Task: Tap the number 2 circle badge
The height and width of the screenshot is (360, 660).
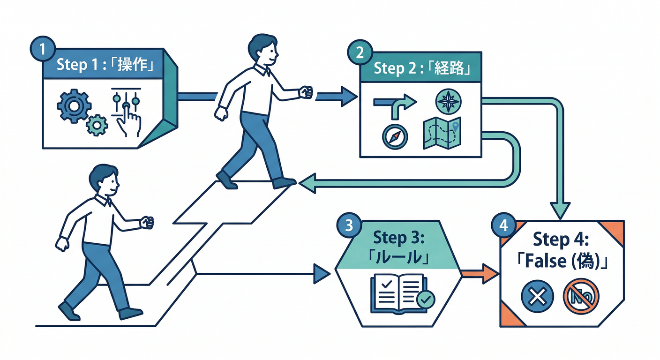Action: [x=360, y=52]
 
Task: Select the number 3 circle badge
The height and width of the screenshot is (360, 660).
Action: [x=349, y=225]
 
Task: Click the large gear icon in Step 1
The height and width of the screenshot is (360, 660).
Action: [x=73, y=106]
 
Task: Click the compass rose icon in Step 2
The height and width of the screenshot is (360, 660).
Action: [x=448, y=100]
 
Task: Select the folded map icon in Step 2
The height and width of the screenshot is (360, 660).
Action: [x=442, y=133]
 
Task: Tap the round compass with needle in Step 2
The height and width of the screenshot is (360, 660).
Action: [x=395, y=136]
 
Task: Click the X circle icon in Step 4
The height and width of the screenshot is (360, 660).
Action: [x=538, y=296]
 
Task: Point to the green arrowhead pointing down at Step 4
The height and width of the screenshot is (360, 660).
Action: [x=560, y=209]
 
